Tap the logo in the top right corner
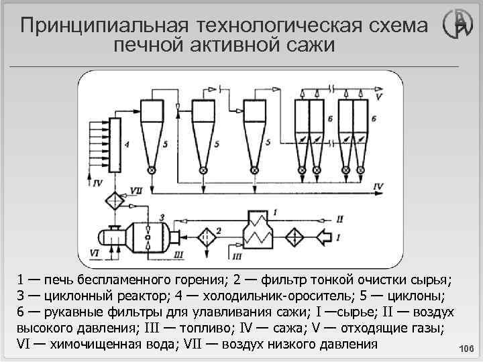(458, 27)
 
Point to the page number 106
(465, 348)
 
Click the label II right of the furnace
(340, 219)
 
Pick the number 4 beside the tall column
(126, 143)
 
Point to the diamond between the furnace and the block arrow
(292, 237)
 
